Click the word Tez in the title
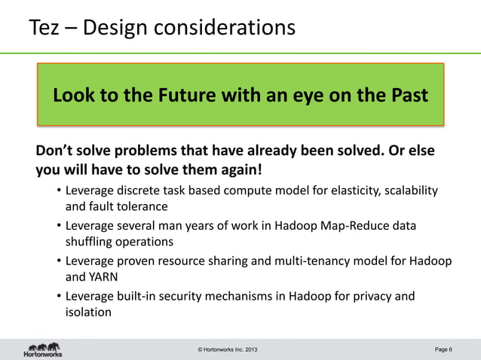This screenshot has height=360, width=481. pos(46,28)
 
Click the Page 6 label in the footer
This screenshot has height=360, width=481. pos(443,349)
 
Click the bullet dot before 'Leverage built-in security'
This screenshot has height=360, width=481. pos(59,297)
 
